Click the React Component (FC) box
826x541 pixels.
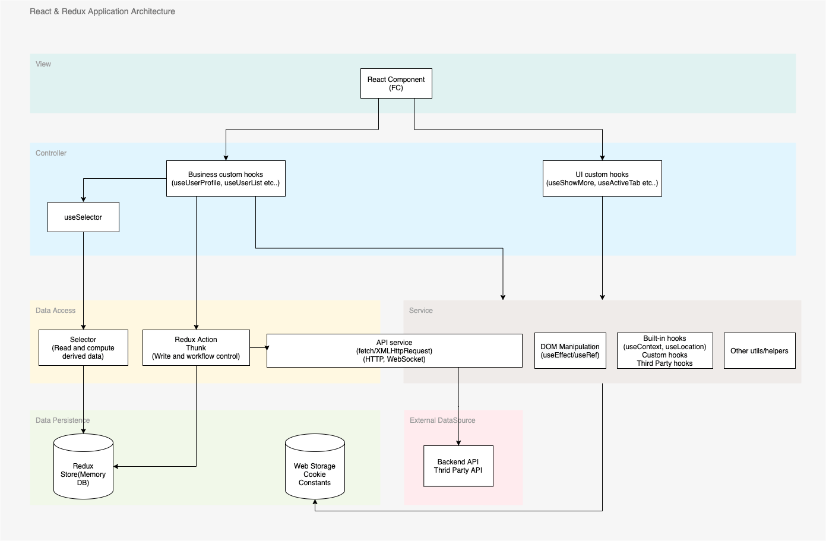tap(396, 84)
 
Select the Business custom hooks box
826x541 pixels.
tap(226, 179)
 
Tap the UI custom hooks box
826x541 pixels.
tap(602, 179)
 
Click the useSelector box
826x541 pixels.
tap(83, 217)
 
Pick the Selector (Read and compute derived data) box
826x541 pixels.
tap(83, 348)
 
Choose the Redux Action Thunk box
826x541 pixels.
tap(196, 348)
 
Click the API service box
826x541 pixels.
tap(394, 351)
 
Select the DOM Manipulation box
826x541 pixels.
tap(570, 351)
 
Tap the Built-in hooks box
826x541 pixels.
tap(664, 351)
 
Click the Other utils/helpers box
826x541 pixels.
tap(759, 351)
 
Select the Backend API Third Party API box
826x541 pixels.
tap(458, 466)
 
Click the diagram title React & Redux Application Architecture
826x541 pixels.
tap(102, 11)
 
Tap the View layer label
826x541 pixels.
tap(43, 64)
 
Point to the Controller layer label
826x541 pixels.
tap(51, 153)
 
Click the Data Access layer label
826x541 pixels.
tap(55, 311)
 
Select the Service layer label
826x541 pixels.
tap(420, 311)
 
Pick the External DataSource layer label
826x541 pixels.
tap(442, 420)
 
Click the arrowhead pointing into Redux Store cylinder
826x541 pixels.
tap(116, 467)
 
